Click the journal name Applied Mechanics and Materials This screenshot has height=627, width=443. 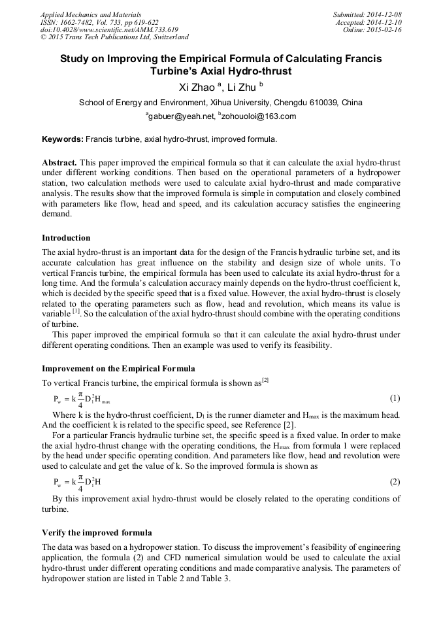point(91,14)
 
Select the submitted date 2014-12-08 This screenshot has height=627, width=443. point(386,14)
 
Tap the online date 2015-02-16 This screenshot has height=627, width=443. point(386,30)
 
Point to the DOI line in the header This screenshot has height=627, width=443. point(109,30)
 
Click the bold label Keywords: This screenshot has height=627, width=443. point(63,139)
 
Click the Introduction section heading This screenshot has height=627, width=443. point(66,237)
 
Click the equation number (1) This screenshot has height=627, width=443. point(395,398)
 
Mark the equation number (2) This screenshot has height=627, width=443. point(395,482)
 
